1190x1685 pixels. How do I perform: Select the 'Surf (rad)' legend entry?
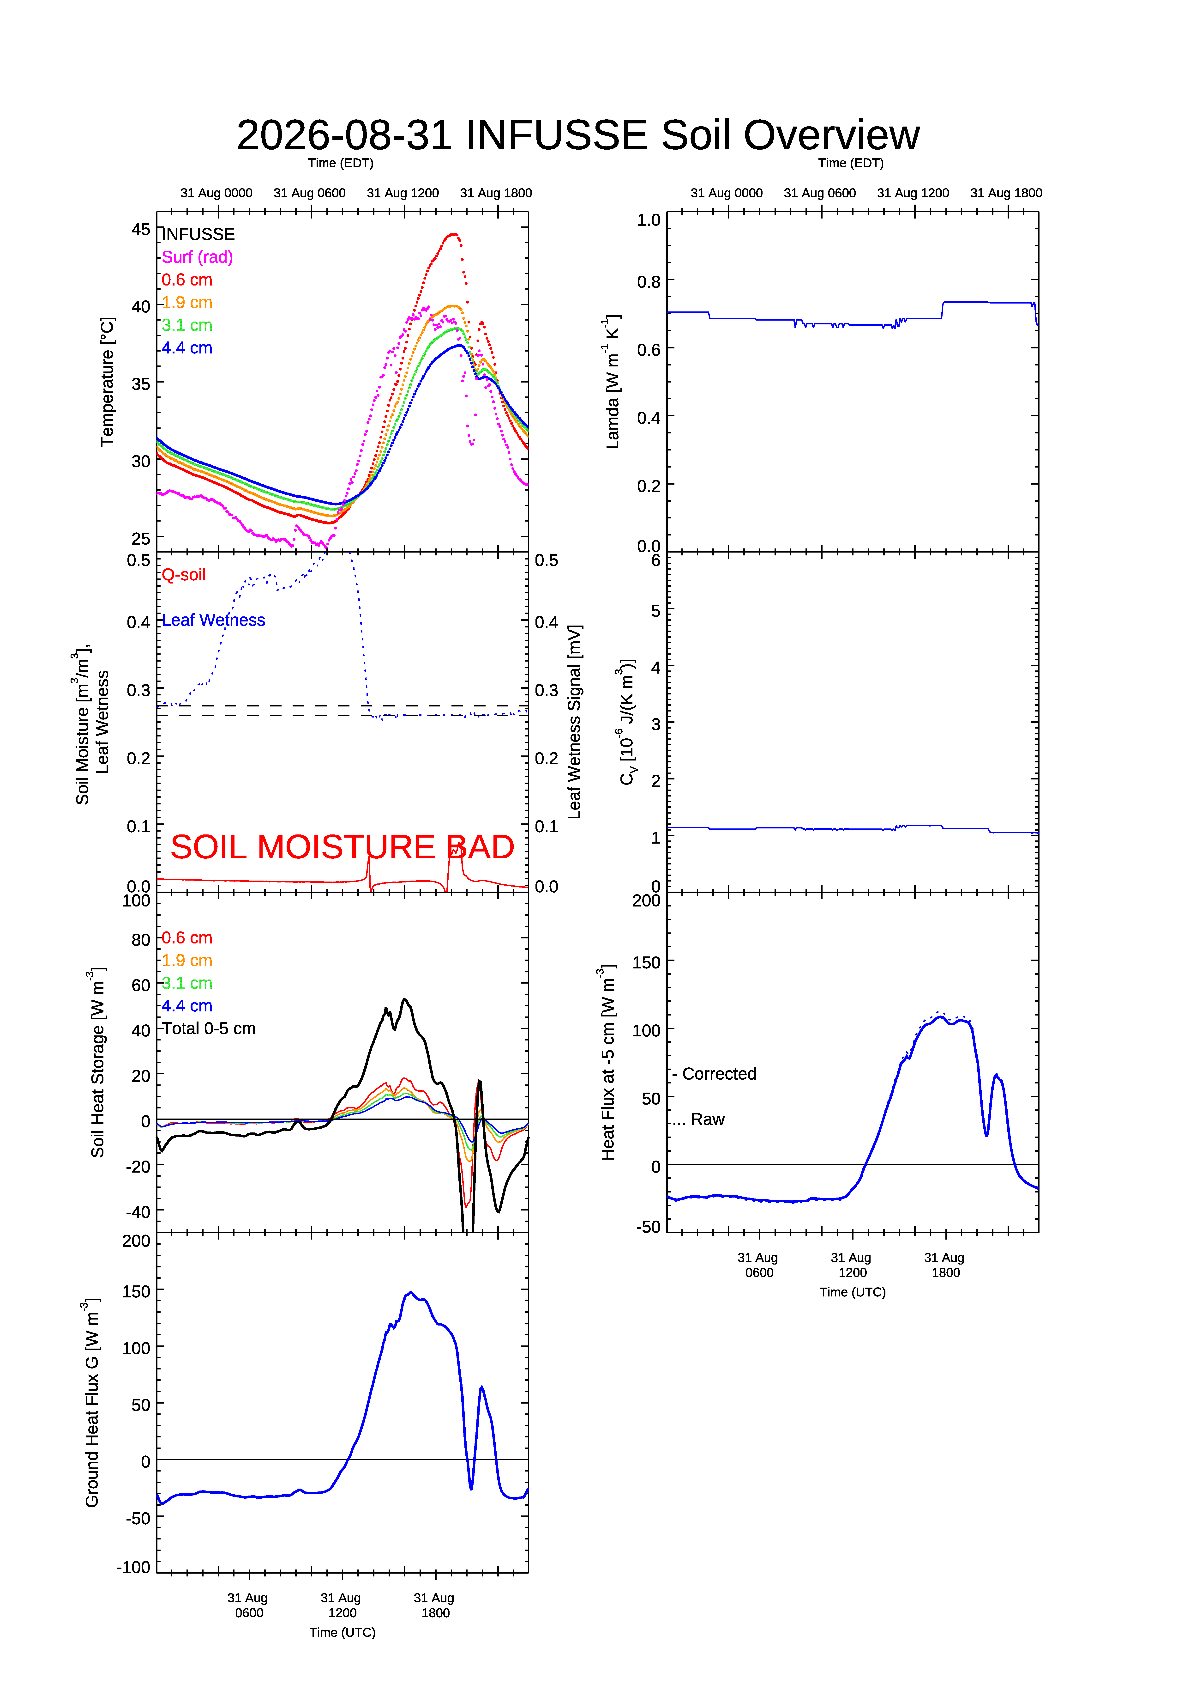pyautogui.click(x=197, y=257)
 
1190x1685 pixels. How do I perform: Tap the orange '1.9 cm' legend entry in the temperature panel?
pyautogui.click(x=187, y=302)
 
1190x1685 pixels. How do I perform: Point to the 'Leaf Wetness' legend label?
pyautogui.click(x=214, y=620)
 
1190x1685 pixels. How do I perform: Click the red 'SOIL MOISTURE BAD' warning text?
pyautogui.click(x=343, y=847)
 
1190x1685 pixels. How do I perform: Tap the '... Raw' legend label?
pyautogui.click(x=698, y=1119)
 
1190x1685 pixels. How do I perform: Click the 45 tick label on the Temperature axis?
pyautogui.click(x=141, y=230)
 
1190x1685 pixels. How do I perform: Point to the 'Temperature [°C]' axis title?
pyautogui.click(x=107, y=382)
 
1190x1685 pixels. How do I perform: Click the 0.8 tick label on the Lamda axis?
pyautogui.click(x=649, y=282)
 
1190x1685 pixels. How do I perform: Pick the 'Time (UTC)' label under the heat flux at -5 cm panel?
pyautogui.click(x=853, y=1292)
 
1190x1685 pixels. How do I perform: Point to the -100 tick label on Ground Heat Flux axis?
pyautogui.click(x=133, y=1567)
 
